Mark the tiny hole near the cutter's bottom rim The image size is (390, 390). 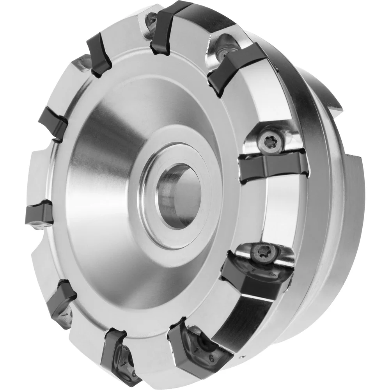pyautogui.click(x=242, y=357)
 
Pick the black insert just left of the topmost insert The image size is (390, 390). pyautogui.click(x=99, y=55)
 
